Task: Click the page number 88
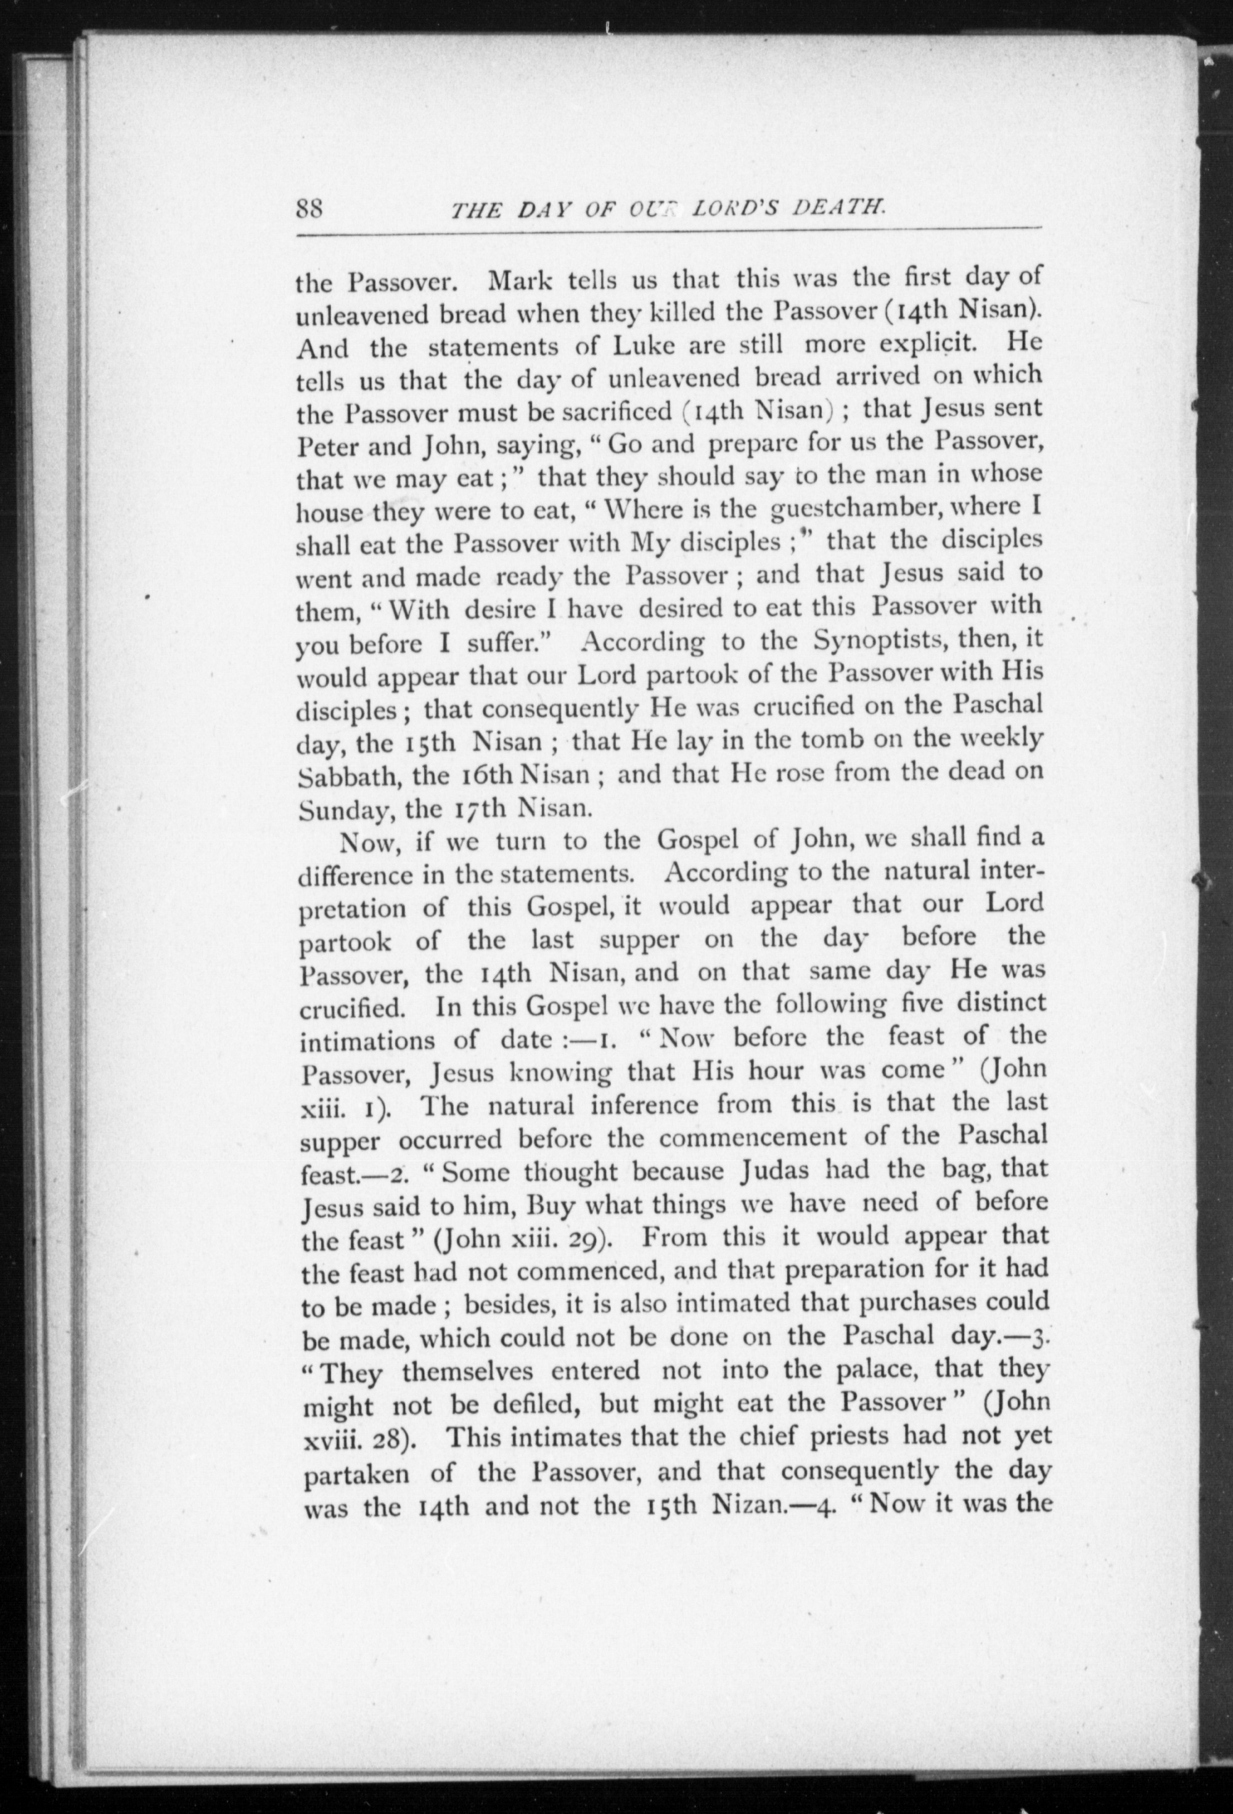(310, 209)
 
